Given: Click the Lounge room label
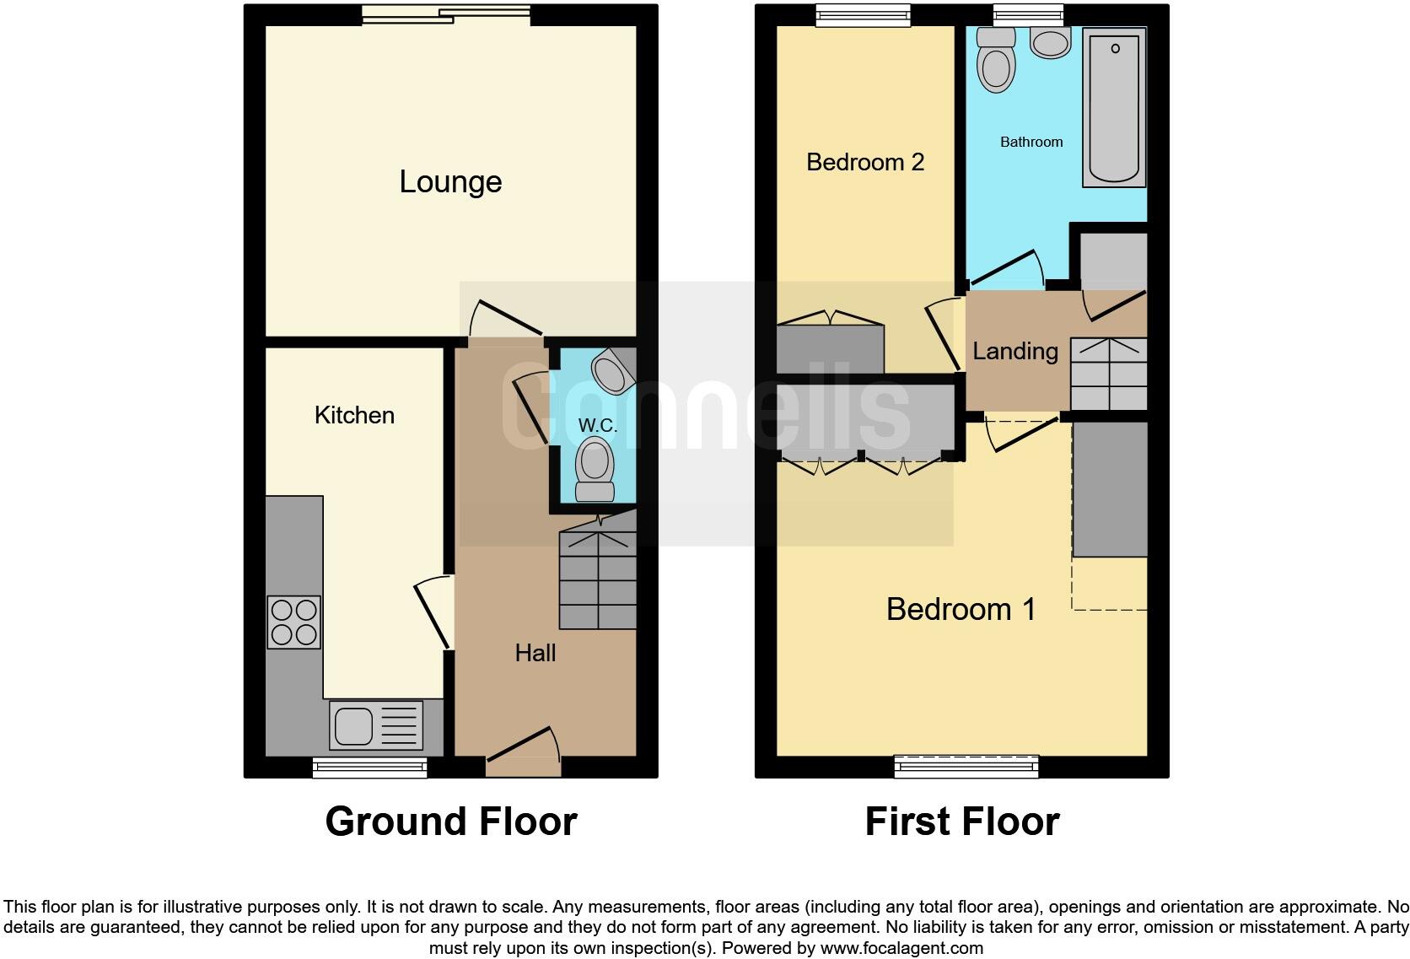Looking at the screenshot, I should pos(450,182).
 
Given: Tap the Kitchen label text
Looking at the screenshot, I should pos(354,415).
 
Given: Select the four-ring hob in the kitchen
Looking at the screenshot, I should pos(293,622).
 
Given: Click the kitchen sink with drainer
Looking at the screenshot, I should pos(376,725).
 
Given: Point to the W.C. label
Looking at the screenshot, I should pos(597,426).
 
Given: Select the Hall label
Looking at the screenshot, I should pos(535,653).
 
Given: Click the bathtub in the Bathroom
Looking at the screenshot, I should pos(1114,107).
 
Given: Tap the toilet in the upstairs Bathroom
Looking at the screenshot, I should pos(996,58).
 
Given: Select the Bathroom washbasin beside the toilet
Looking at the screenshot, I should pos(1051,42).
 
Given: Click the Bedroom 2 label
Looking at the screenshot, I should pos(865,162).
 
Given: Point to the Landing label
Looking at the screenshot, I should pos(1015,351).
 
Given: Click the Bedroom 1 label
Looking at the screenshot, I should pos(961,609).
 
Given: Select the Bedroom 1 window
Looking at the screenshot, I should pos(966,766).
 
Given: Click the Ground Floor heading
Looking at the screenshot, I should pos(451,822).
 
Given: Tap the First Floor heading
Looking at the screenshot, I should pos(961,822).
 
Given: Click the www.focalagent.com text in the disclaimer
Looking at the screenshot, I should pos(901,947).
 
